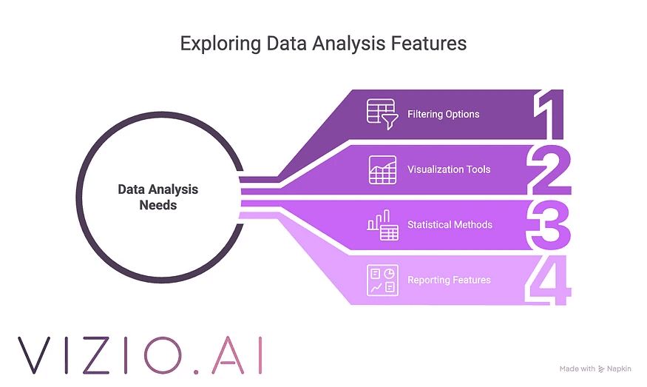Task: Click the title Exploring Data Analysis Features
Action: pyautogui.click(x=323, y=44)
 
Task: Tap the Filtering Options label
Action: pyautogui.click(x=443, y=115)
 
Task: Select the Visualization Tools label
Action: pyautogui.click(x=448, y=169)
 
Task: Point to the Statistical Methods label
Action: pyautogui.click(x=450, y=224)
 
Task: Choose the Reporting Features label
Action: pyautogui.click(x=449, y=280)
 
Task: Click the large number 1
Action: pyautogui.click(x=550, y=115)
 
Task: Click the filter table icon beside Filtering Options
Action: pyautogui.click(x=382, y=114)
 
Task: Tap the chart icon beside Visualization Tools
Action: pyautogui.click(x=382, y=169)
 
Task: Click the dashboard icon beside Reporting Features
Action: pyautogui.click(x=382, y=280)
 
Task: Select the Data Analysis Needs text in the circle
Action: pyautogui.click(x=157, y=197)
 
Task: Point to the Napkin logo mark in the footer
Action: pyautogui.click(x=602, y=369)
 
